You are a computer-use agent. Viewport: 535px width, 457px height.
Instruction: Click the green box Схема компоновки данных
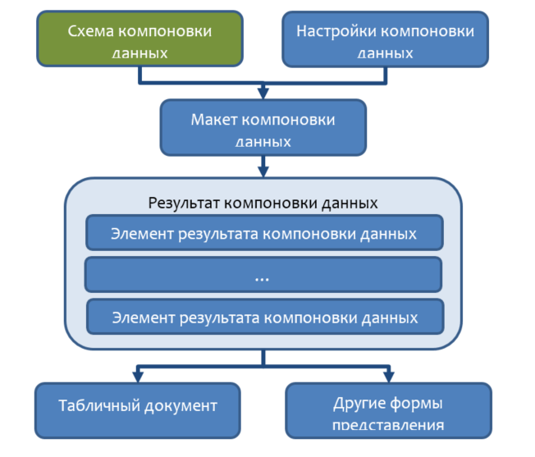point(139,39)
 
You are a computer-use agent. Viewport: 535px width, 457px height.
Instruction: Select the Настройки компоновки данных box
point(385,39)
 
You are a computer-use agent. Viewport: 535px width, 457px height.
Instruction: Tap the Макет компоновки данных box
point(263,127)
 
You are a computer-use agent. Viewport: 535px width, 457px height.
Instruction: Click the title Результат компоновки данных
point(263,202)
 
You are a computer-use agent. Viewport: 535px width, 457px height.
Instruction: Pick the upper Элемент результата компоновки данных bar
point(263,233)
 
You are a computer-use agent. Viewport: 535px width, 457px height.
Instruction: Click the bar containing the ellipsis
point(263,275)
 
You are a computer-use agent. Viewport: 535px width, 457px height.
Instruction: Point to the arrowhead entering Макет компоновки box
point(263,93)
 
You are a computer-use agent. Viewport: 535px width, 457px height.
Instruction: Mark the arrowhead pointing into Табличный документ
point(138,377)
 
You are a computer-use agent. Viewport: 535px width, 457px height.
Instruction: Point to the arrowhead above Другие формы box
point(387,377)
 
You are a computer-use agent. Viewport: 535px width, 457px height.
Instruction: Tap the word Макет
point(213,120)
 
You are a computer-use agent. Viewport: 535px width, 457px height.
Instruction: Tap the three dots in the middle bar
point(263,278)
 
